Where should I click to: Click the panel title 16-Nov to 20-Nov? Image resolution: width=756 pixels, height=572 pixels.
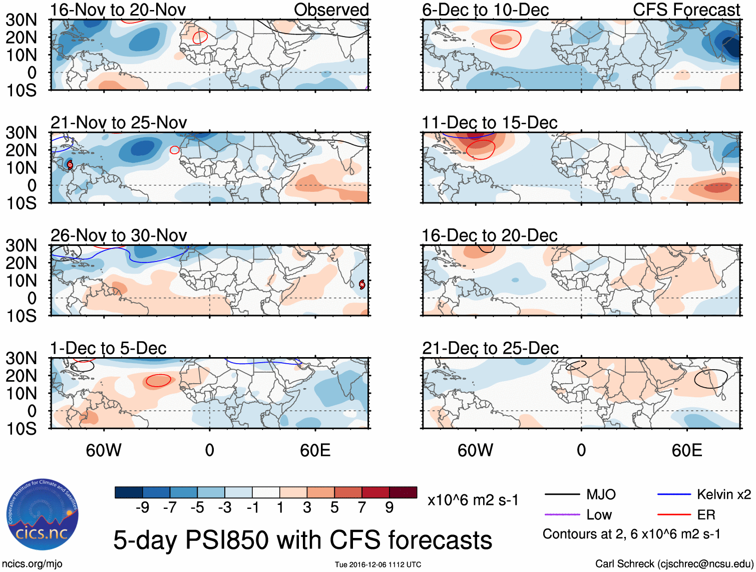tap(118, 10)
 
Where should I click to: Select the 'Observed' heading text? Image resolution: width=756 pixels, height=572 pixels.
tap(331, 10)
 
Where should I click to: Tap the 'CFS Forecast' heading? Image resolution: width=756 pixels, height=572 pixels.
tap(686, 10)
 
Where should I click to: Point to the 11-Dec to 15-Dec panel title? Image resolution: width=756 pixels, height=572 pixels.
tap(489, 123)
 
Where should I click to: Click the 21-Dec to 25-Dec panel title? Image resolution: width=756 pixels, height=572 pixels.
tap(490, 348)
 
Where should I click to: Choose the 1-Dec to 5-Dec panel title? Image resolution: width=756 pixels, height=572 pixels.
tap(108, 348)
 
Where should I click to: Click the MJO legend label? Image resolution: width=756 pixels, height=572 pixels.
tap(601, 495)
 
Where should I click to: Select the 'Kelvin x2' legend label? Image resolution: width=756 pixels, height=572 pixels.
tap(723, 495)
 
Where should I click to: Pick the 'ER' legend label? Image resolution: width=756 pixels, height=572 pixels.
tap(706, 515)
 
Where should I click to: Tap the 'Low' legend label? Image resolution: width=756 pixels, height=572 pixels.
tap(599, 515)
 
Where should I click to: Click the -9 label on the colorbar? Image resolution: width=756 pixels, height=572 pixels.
tap(142, 508)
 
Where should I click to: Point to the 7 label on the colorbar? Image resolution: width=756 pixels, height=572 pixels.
tap(362, 508)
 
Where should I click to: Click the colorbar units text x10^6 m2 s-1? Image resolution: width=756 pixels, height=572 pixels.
tap(473, 500)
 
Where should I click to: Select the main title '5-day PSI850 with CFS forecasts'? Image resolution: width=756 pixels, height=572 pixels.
tap(302, 540)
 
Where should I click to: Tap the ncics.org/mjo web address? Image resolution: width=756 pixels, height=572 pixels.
tap(32, 564)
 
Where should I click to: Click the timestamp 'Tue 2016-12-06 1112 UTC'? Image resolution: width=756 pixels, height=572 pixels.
tap(378, 565)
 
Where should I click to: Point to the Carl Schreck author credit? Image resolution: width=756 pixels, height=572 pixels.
tap(674, 564)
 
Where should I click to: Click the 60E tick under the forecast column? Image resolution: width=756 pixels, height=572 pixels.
tap(686, 450)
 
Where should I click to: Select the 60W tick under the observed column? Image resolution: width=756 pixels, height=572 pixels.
tap(104, 450)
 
